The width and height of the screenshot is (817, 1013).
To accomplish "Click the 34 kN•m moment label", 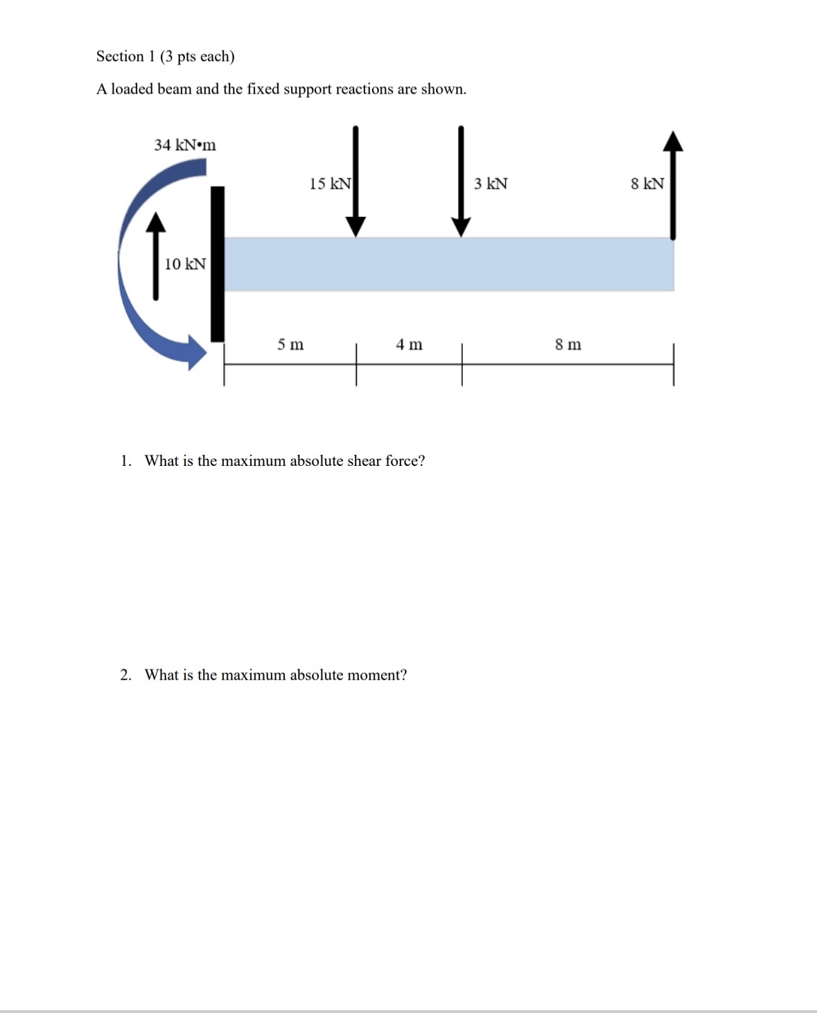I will click(x=184, y=145).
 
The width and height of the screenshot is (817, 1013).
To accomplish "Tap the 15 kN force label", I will click(x=330, y=184).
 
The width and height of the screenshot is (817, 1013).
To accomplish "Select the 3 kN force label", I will click(x=491, y=184).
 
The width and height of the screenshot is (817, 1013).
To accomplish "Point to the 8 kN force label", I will click(x=647, y=184).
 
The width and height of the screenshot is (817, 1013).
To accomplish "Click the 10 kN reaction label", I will click(x=184, y=264).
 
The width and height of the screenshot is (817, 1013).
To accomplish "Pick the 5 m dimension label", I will click(x=290, y=345).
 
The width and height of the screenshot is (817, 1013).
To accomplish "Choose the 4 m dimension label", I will click(x=409, y=345).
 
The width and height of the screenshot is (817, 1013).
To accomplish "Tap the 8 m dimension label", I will click(x=568, y=345).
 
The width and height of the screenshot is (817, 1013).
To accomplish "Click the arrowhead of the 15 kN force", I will click(x=355, y=226).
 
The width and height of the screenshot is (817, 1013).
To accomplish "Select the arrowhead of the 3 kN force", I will click(x=461, y=226).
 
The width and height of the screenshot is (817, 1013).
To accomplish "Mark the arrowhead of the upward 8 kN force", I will click(x=673, y=141).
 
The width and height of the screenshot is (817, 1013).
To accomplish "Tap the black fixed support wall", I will click(x=217, y=264).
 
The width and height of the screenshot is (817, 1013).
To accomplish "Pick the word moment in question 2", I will click(x=376, y=675).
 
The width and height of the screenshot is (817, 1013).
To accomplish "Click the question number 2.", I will click(x=125, y=675).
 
